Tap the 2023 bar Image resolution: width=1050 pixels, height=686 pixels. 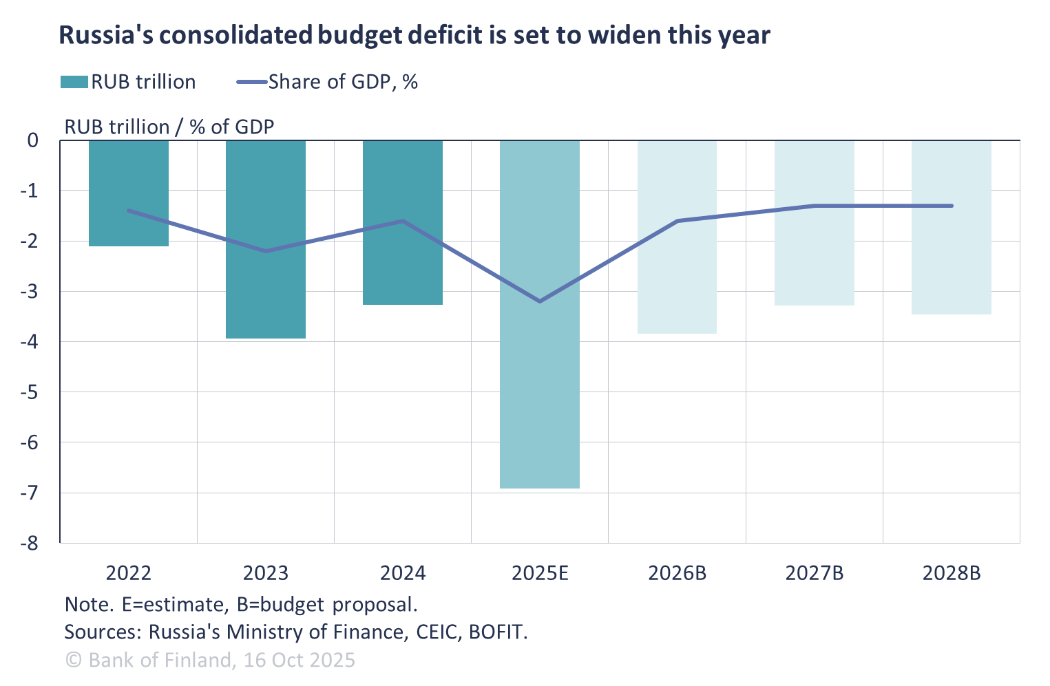(266, 296)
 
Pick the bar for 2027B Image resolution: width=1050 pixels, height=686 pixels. (815, 261)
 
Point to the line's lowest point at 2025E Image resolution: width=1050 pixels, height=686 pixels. (540, 301)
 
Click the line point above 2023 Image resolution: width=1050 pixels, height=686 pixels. (266, 251)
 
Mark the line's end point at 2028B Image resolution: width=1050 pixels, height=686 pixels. (952, 206)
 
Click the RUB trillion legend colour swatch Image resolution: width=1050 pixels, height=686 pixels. (74, 83)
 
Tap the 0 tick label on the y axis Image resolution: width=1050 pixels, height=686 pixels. (33, 140)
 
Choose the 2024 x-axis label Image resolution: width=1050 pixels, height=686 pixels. (403, 573)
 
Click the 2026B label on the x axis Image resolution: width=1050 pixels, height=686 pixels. (678, 573)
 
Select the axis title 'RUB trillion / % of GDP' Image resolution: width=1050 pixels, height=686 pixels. (169, 127)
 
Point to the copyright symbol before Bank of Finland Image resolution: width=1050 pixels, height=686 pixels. (74, 661)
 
